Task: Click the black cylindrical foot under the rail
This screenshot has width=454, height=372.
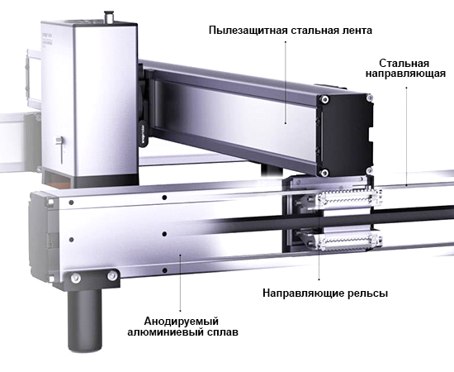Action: [84, 315]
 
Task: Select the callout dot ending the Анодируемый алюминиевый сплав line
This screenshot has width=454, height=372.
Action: [180, 258]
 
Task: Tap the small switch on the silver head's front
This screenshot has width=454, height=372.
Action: [60, 145]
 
